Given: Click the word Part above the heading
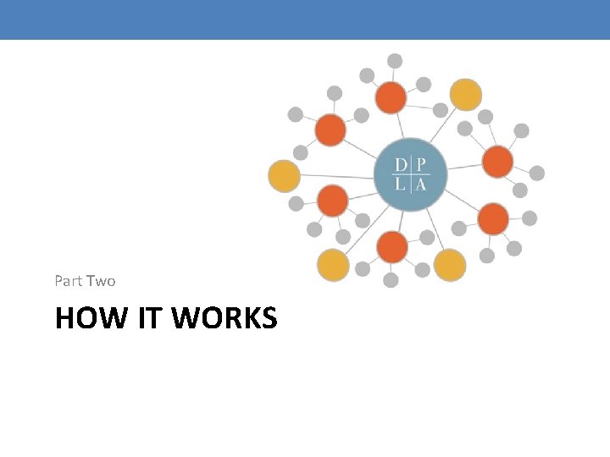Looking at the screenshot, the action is tap(69, 281).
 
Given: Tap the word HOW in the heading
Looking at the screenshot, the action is tap(91, 317).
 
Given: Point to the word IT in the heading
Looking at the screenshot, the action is tap(148, 317).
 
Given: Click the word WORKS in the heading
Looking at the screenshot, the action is tap(224, 317).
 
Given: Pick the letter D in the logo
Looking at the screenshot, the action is tap(400, 165).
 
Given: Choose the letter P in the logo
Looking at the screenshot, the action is tap(420, 165).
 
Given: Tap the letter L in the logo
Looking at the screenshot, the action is tap(400, 184).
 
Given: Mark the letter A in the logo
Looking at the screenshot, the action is tap(420, 184).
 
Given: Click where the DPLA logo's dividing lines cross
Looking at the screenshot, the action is tap(411, 175).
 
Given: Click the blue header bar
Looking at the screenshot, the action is tap(305, 19).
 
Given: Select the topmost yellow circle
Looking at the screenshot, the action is tap(466, 95).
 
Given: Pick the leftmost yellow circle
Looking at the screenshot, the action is tap(284, 176).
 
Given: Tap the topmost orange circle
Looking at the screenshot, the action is tap(391, 97).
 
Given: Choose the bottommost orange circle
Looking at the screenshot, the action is tap(392, 247).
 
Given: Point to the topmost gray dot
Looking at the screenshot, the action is tap(395, 61).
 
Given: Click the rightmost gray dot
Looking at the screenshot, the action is tap(537, 173).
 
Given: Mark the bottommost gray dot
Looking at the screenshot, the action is tap(391, 280).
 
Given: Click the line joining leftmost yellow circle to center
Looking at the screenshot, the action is tap(337, 177).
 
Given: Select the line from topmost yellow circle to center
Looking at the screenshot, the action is tap(443, 125).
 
